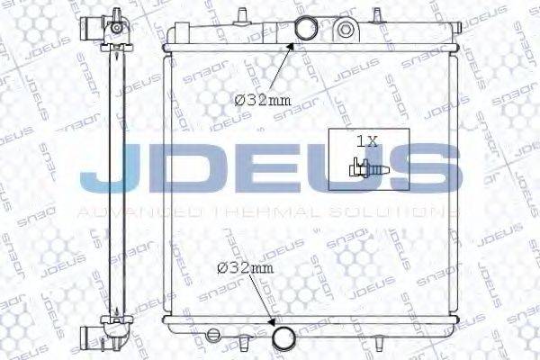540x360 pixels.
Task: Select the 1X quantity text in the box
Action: point(367,142)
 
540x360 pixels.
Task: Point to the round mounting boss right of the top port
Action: point(345,29)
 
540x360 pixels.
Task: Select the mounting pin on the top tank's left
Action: point(243,13)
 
